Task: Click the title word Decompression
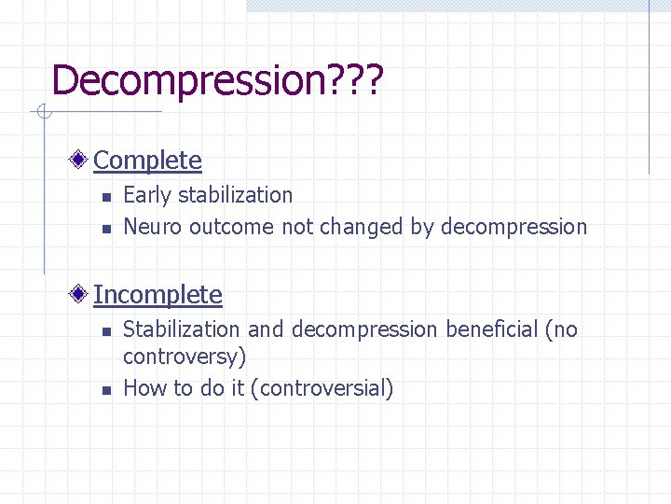(x=185, y=80)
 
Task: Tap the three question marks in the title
(x=351, y=80)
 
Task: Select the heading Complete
(x=147, y=161)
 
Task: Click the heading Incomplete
(x=157, y=295)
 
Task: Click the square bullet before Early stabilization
(x=106, y=197)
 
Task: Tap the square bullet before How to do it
(x=106, y=390)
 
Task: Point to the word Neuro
(x=153, y=227)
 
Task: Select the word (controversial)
(x=322, y=388)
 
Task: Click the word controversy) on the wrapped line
(x=184, y=357)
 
